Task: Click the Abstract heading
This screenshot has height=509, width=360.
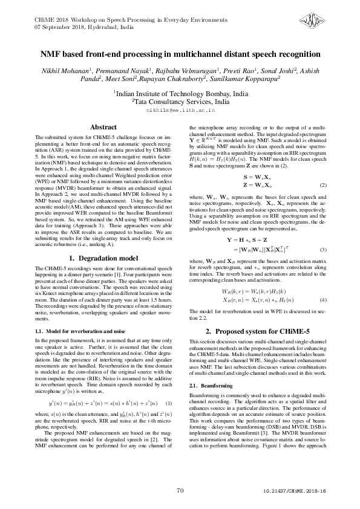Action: coord(102,128)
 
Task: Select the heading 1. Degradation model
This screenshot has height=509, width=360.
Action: coord(102,259)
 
